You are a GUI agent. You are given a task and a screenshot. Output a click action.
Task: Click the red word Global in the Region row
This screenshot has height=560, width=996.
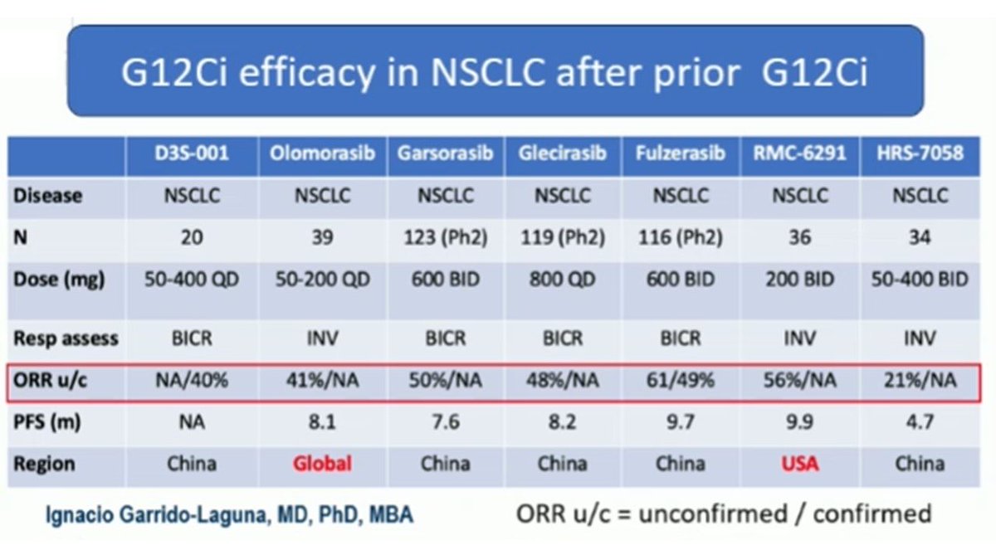tap(323, 463)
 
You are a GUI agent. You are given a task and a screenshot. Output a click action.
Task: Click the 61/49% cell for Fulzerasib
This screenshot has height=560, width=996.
tap(680, 381)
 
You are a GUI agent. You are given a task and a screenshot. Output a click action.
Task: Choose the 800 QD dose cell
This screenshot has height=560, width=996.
tap(561, 280)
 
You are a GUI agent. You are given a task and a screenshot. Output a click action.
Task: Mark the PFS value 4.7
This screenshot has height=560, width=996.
tap(920, 422)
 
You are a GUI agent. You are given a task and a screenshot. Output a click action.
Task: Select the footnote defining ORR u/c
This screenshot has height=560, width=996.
tap(723, 514)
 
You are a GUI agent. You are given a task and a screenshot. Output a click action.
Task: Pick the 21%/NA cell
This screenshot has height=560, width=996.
tap(920, 381)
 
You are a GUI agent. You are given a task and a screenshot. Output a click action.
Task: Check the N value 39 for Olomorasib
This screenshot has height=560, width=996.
tap(323, 238)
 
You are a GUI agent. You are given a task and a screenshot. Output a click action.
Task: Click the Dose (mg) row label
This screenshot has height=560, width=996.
tap(59, 280)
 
